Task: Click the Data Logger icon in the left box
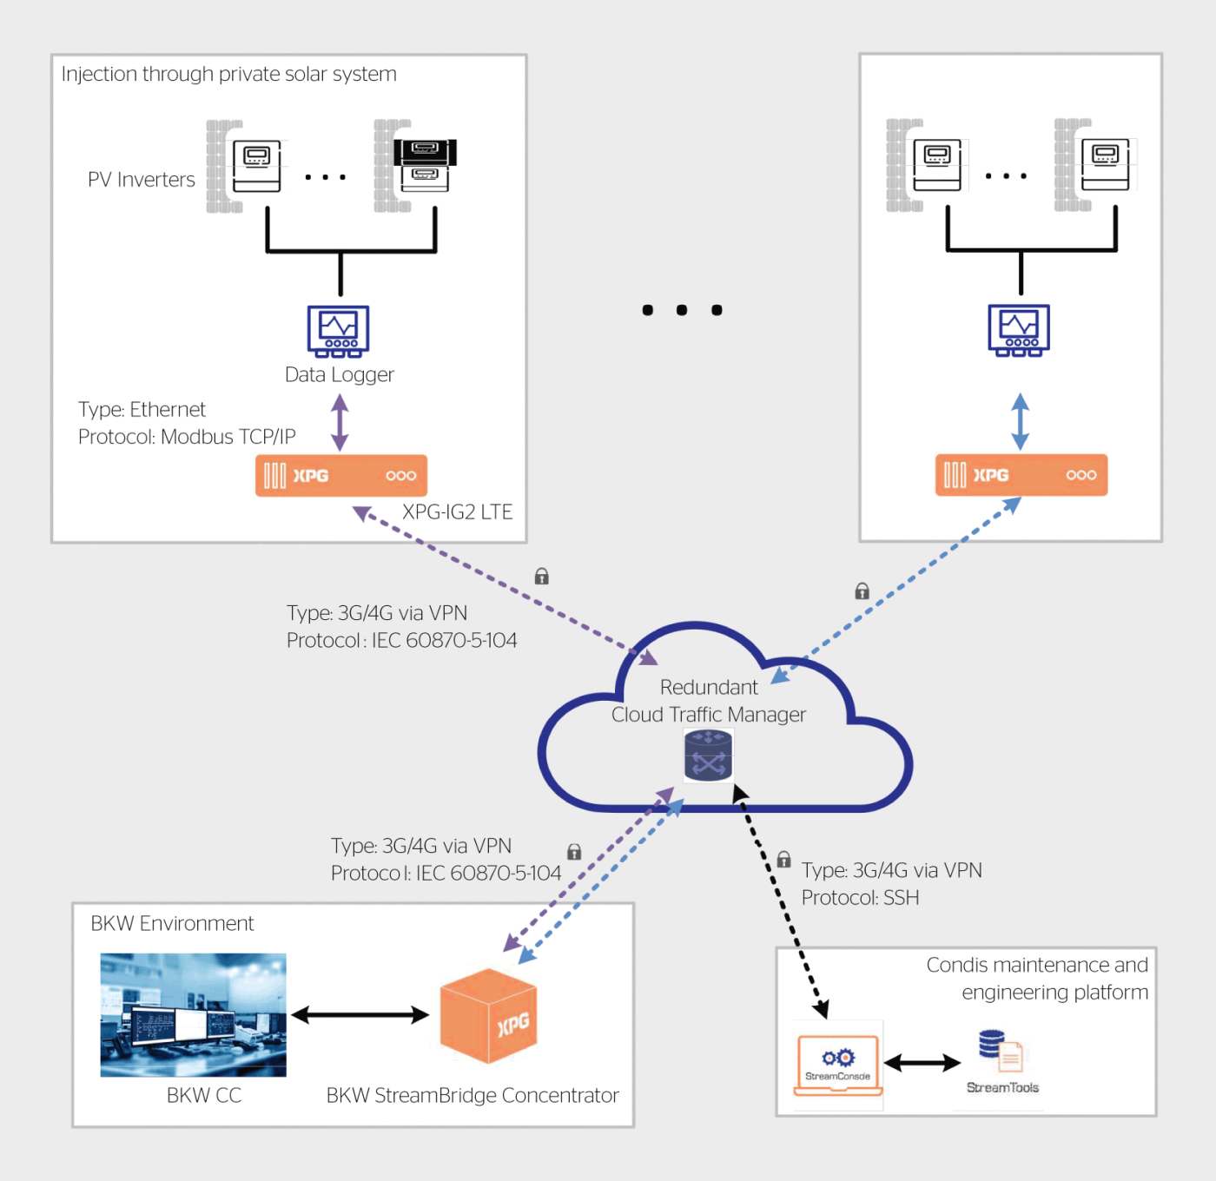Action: pos(339,331)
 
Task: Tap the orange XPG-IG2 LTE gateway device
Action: pos(341,475)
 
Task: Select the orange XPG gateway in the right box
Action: pos(1021,475)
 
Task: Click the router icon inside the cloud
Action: pos(709,755)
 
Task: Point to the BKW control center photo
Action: pos(193,1014)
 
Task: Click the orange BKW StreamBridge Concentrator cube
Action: pos(488,1015)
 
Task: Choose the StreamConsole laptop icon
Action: pos(838,1065)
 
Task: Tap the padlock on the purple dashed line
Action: pos(542,576)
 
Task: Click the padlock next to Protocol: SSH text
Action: pos(783,860)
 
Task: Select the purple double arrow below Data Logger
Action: pos(340,422)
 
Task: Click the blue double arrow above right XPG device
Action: pos(1021,421)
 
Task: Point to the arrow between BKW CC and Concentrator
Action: pos(360,1014)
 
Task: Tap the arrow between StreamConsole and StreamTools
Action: pos(922,1062)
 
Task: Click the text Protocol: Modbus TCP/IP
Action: pos(187,437)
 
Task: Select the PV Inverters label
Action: pos(142,180)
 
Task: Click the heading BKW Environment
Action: pos(172,923)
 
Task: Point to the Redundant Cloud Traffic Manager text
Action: pos(709,701)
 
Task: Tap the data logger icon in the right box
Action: pos(1019,330)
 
